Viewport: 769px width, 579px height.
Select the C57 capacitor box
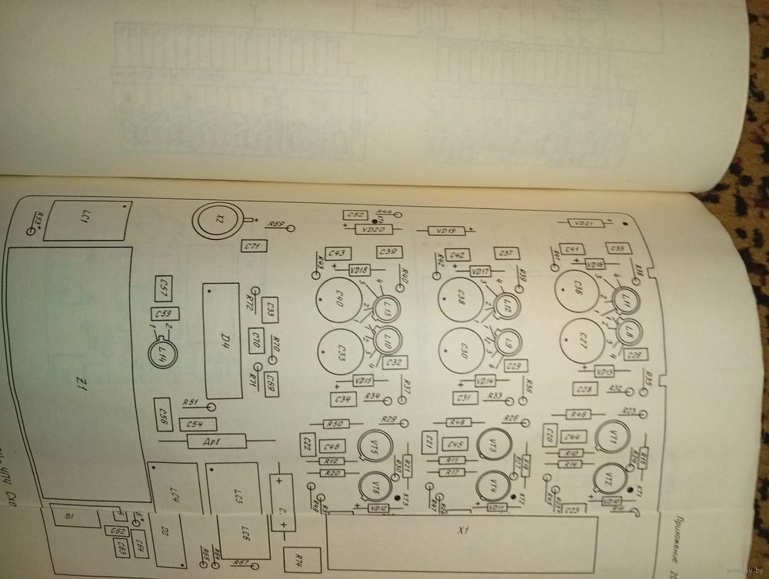click(163, 288)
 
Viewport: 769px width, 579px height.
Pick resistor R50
click(335, 424)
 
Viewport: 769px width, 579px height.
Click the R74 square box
click(298, 560)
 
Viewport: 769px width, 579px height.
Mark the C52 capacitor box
click(356, 215)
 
